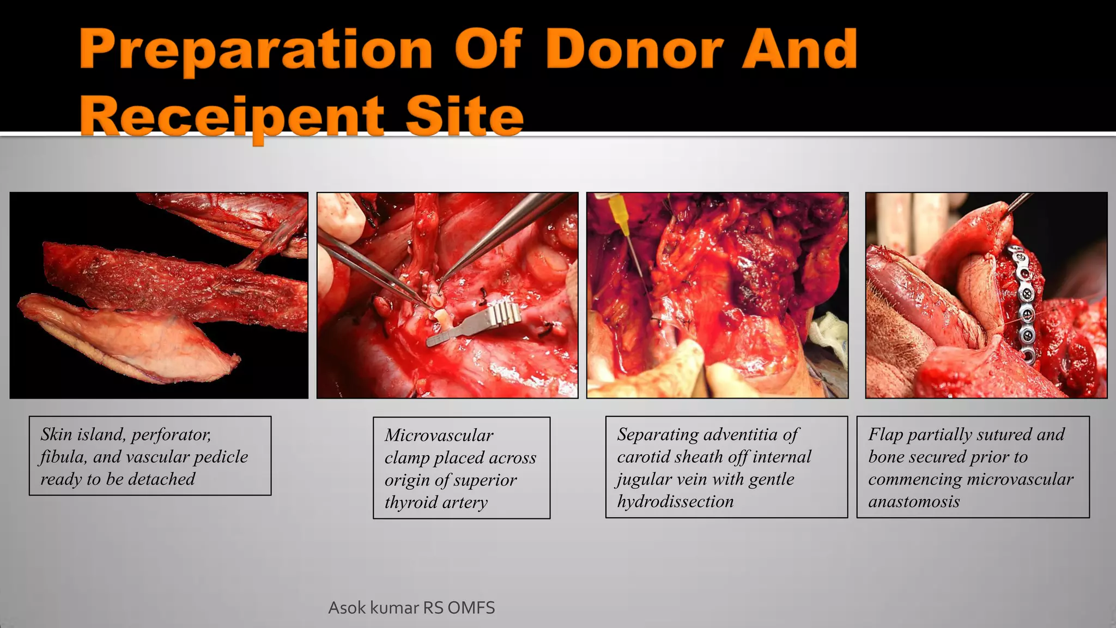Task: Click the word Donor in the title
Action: [635, 50]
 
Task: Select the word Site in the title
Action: [464, 116]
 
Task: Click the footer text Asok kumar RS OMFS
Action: [411, 608]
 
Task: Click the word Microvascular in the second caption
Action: [439, 435]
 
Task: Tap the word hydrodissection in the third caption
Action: [675, 502]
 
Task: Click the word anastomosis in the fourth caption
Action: [914, 502]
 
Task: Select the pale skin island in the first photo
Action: [136, 338]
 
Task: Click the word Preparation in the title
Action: [256, 50]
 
